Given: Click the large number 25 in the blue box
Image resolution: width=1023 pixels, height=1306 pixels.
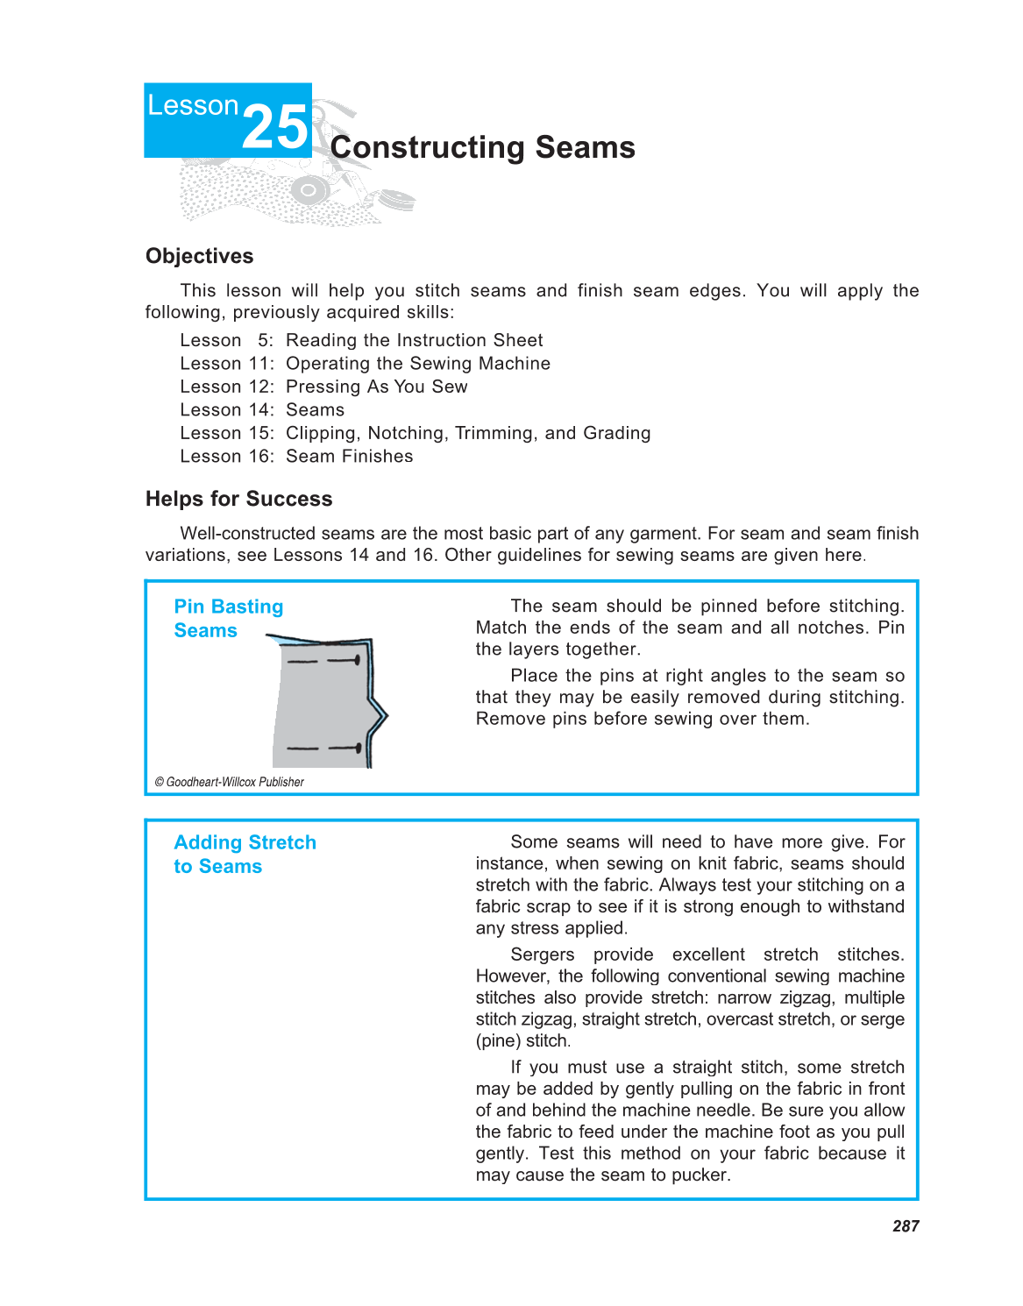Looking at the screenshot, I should (x=275, y=128).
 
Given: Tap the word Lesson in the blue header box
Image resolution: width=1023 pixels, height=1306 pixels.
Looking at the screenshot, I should (x=193, y=105).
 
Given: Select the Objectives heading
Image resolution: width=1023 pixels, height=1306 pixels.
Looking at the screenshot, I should (x=199, y=256).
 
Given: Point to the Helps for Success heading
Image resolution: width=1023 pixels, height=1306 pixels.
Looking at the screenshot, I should (x=238, y=499).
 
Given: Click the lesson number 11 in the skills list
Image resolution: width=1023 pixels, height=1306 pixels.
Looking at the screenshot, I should (x=259, y=364).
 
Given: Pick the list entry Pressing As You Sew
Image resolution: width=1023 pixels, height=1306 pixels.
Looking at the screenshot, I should (x=376, y=387).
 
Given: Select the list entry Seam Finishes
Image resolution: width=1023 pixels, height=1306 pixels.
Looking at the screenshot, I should (x=349, y=457).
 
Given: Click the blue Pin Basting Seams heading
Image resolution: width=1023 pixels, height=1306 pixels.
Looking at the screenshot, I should (x=228, y=618).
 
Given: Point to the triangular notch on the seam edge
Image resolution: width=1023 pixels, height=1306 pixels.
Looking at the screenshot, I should (x=380, y=716).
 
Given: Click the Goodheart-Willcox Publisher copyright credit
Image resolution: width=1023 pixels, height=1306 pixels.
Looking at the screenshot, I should (x=230, y=782).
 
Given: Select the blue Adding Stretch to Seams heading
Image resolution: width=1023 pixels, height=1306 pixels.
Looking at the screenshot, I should (x=245, y=854).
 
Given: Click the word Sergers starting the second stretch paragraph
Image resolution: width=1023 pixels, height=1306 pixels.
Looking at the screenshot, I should (x=543, y=955).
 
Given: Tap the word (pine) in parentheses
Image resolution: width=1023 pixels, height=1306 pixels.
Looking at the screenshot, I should (x=498, y=1040).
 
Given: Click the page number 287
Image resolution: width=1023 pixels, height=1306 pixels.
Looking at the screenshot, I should (x=906, y=1226).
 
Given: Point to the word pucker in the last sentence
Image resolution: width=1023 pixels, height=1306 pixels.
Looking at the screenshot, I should (x=699, y=1175).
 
